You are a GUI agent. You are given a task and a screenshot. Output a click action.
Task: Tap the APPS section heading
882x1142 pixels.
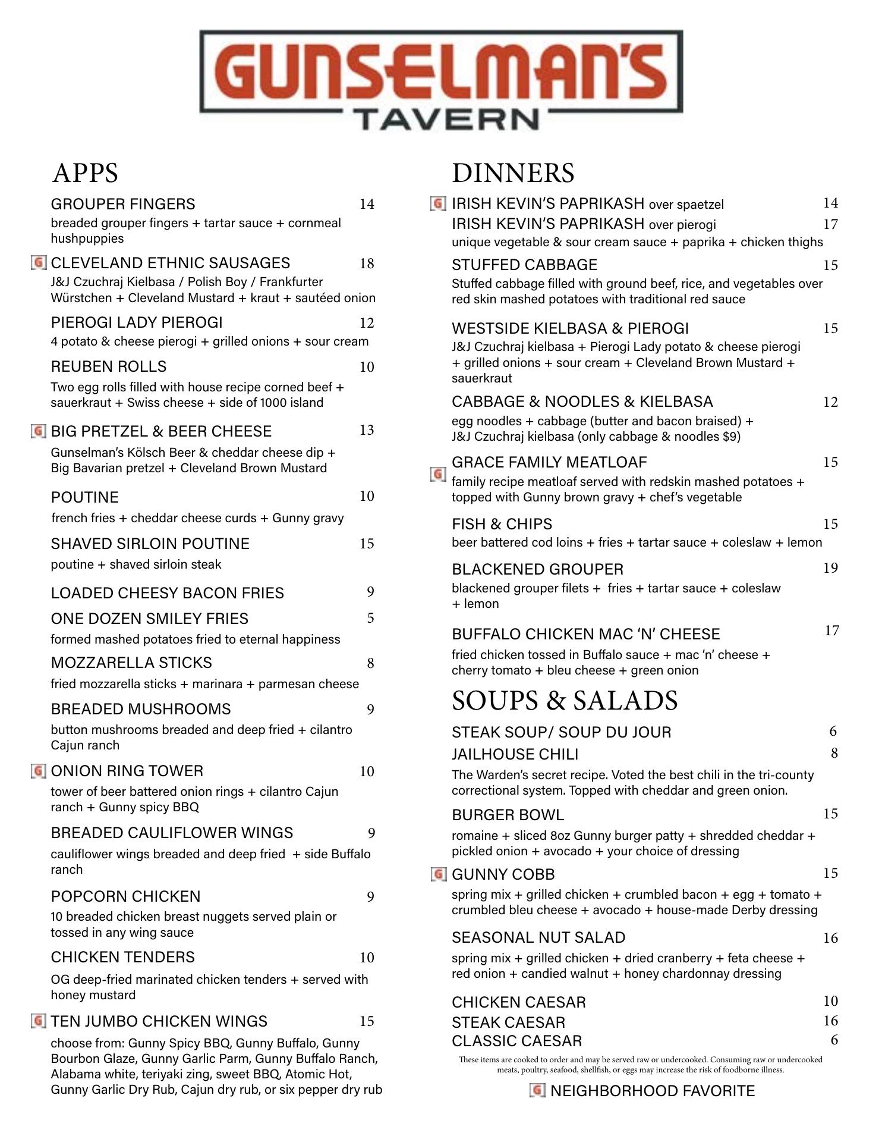click(85, 173)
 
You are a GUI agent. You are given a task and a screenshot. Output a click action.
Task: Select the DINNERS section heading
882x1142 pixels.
click(512, 173)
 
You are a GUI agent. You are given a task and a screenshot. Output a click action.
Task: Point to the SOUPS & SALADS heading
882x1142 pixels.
click(564, 700)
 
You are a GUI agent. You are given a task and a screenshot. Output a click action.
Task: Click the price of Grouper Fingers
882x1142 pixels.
click(367, 204)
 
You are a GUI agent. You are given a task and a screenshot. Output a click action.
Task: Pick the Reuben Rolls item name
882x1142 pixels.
click(109, 366)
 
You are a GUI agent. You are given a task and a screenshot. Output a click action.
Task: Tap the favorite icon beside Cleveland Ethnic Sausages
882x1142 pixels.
click(39, 262)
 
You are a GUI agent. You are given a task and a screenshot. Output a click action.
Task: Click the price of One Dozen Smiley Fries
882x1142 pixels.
click(370, 618)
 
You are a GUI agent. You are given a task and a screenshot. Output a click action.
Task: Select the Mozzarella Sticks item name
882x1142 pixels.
click(131, 663)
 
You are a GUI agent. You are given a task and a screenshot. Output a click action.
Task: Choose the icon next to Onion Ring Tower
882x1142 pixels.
click(39, 771)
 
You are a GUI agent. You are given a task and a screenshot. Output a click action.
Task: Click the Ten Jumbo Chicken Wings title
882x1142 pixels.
click(159, 1021)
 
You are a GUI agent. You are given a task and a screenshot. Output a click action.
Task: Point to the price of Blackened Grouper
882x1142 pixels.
click(830, 568)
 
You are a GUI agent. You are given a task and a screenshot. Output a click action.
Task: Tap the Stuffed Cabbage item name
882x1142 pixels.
click(524, 265)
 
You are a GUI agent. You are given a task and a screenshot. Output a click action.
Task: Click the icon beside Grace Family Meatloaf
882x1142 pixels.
click(438, 474)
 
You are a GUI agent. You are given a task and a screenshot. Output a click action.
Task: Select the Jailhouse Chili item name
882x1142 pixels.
click(515, 754)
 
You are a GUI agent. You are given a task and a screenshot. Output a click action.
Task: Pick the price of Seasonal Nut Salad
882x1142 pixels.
click(830, 938)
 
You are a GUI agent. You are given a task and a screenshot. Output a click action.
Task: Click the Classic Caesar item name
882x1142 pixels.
click(516, 1041)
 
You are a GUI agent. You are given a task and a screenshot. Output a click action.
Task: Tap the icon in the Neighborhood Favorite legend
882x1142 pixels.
click(537, 1090)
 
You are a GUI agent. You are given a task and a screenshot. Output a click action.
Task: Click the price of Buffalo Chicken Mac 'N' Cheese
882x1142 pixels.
click(831, 630)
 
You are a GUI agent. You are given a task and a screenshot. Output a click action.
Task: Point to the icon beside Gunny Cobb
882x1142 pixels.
click(438, 874)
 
